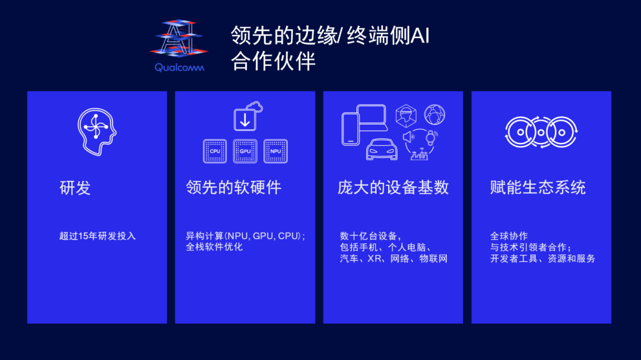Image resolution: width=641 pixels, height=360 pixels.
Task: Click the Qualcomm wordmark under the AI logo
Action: pyautogui.click(x=179, y=68)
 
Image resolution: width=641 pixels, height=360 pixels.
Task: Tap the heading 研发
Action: pyautogui.click(x=75, y=188)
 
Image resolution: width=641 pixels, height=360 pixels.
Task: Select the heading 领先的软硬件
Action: pyautogui.click(x=233, y=187)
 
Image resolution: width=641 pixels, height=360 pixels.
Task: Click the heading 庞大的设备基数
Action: pyautogui.click(x=393, y=187)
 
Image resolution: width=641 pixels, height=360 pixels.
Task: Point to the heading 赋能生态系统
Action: pyautogui.click(x=538, y=187)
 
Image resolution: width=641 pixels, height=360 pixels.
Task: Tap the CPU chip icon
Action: pyautogui.click(x=215, y=151)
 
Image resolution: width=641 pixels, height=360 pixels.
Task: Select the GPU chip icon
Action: pyautogui.click(x=245, y=151)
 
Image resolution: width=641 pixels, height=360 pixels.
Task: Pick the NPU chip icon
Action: pyautogui.click(x=275, y=151)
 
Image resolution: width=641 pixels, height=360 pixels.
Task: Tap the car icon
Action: pyautogui.click(x=382, y=149)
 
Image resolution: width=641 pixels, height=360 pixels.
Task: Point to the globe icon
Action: pyautogui.click(x=434, y=115)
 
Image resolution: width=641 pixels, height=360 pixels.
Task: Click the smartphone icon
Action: pyautogui.click(x=350, y=129)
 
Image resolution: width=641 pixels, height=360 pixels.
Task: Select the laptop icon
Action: pyautogui.click(x=372, y=117)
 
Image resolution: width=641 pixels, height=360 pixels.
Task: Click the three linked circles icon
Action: pyautogui.click(x=541, y=132)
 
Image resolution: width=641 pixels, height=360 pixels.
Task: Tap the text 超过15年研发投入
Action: pyautogui.click(x=97, y=236)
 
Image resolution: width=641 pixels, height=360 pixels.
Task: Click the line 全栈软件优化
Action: pyautogui.click(x=214, y=247)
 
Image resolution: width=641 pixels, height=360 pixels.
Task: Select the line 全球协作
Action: pyautogui.click(x=509, y=236)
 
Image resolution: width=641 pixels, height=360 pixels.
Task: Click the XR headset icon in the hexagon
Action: pyautogui.click(x=406, y=116)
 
